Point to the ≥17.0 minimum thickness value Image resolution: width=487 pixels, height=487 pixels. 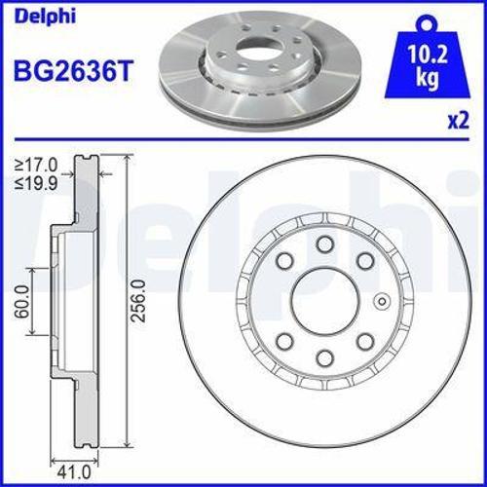(x=36, y=165)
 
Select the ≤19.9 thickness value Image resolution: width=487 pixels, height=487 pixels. (x=36, y=180)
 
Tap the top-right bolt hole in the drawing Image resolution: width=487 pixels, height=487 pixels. (x=363, y=261)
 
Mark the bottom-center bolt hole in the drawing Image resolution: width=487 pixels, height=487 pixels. (x=322, y=356)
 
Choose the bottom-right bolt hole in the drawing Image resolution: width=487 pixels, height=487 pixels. (x=363, y=341)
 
